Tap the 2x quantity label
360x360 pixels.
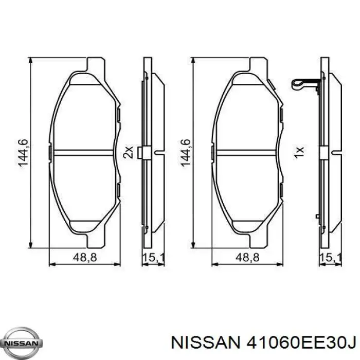pos(129,152)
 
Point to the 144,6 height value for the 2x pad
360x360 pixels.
pos(24,153)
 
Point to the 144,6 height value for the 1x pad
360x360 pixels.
pos(187,153)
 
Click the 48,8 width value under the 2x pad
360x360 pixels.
pos(85,258)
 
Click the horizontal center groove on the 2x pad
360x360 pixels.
pos(83,152)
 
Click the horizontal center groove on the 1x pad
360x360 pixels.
pos(247,152)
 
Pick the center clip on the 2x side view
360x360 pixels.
pos(146,153)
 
